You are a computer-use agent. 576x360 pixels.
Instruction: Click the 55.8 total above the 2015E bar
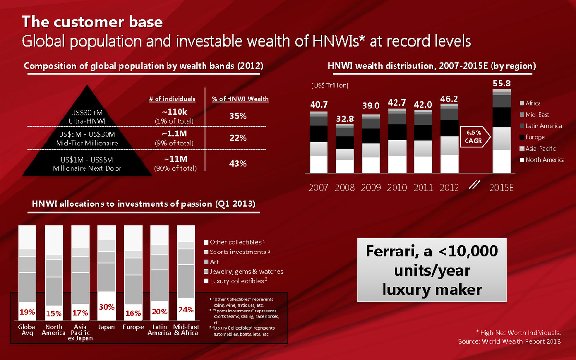click(502, 83)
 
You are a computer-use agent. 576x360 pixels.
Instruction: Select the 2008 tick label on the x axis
click(345, 187)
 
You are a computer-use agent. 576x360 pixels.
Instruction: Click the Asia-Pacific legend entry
click(540, 149)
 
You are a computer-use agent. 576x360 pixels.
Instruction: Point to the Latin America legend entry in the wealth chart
click(543, 126)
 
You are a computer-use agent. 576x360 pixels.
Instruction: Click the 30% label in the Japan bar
click(106, 306)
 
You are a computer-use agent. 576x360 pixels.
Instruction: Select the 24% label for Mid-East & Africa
click(185, 310)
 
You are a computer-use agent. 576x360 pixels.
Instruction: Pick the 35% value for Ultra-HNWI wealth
click(238, 116)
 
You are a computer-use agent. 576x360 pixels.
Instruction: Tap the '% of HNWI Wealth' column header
click(240, 99)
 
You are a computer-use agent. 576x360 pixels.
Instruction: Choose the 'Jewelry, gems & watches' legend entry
click(246, 271)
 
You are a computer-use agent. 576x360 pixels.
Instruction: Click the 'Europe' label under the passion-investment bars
click(133, 327)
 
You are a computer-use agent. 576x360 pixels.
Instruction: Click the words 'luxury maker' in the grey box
click(432, 289)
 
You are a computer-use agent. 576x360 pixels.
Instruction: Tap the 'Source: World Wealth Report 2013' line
click(510, 342)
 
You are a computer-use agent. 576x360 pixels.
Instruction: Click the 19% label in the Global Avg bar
click(27, 312)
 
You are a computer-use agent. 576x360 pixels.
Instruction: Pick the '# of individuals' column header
click(172, 99)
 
